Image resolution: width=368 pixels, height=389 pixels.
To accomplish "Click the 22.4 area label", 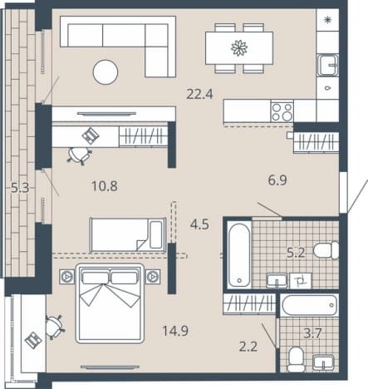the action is (199, 94).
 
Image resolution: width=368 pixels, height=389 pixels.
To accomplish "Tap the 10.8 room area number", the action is (105, 186).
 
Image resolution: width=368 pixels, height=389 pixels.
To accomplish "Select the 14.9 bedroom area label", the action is (175, 331).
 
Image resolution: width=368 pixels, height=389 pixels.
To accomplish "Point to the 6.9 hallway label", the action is (277, 180).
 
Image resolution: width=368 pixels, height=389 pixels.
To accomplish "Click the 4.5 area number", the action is (199, 224).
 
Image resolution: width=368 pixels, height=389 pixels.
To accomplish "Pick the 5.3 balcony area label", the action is (20, 188).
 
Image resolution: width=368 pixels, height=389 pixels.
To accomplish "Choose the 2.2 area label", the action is (248, 347).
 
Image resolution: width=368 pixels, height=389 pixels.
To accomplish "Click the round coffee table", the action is (105, 72).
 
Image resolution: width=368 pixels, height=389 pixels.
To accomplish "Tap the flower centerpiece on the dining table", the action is (239, 48).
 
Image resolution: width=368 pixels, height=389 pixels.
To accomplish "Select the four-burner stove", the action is (282, 111).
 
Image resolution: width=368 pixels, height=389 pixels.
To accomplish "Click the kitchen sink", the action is (328, 65).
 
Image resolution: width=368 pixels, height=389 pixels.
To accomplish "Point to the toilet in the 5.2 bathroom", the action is (326, 250).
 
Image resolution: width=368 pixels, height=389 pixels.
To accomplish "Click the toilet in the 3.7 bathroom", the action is (295, 359).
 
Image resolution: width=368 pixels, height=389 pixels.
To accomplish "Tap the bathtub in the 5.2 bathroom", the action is (239, 255).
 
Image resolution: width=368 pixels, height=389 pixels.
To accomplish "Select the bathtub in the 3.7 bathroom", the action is (309, 305).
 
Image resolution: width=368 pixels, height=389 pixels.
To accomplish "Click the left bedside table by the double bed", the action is (66, 276).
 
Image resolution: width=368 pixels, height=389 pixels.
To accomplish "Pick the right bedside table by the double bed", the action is (153, 276).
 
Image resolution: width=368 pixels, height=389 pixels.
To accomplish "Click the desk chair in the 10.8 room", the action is (79, 155).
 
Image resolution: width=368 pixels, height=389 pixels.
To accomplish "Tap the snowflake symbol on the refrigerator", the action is (328, 19).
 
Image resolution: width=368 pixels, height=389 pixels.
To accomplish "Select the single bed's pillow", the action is (156, 234).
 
